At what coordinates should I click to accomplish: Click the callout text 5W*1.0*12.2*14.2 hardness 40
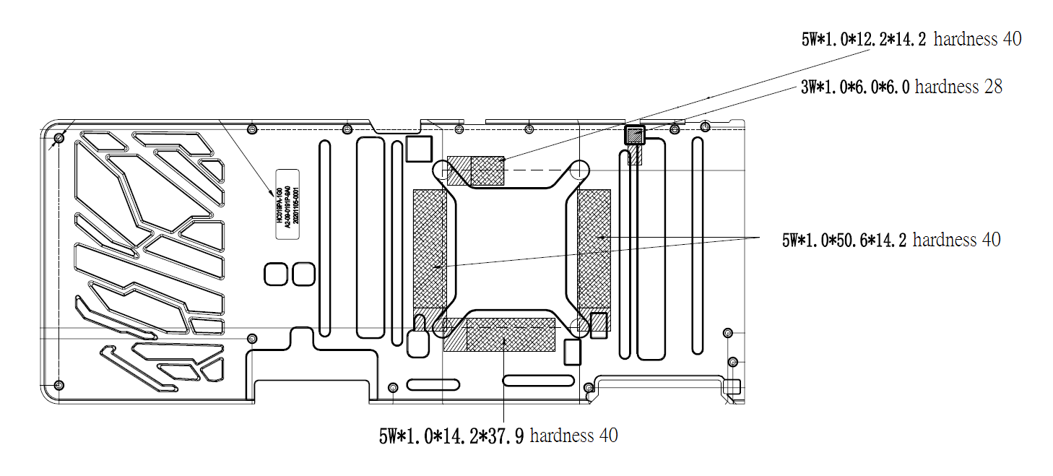(x=911, y=39)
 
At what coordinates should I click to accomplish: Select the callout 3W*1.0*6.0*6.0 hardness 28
(x=901, y=87)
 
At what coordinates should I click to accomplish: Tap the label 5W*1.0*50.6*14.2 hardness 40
(x=890, y=240)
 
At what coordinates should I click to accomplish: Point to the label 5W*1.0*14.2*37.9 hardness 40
(x=498, y=436)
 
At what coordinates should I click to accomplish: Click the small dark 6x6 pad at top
(x=634, y=135)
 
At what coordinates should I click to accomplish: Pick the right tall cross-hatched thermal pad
(x=594, y=249)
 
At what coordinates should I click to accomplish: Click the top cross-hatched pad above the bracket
(x=476, y=170)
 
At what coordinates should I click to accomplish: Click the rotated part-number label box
(x=287, y=205)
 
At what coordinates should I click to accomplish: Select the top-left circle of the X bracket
(x=441, y=170)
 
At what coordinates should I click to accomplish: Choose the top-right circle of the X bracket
(x=579, y=170)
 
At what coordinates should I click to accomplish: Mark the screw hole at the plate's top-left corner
(x=60, y=137)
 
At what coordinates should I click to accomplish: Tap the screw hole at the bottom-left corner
(x=60, y=384)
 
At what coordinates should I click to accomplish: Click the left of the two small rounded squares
(x=276, y=274)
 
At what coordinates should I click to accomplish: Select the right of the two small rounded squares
(x=303, y=274)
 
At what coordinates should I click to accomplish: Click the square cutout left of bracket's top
(x=418, y=148)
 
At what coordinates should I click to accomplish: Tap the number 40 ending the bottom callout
(x=608, y=436)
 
